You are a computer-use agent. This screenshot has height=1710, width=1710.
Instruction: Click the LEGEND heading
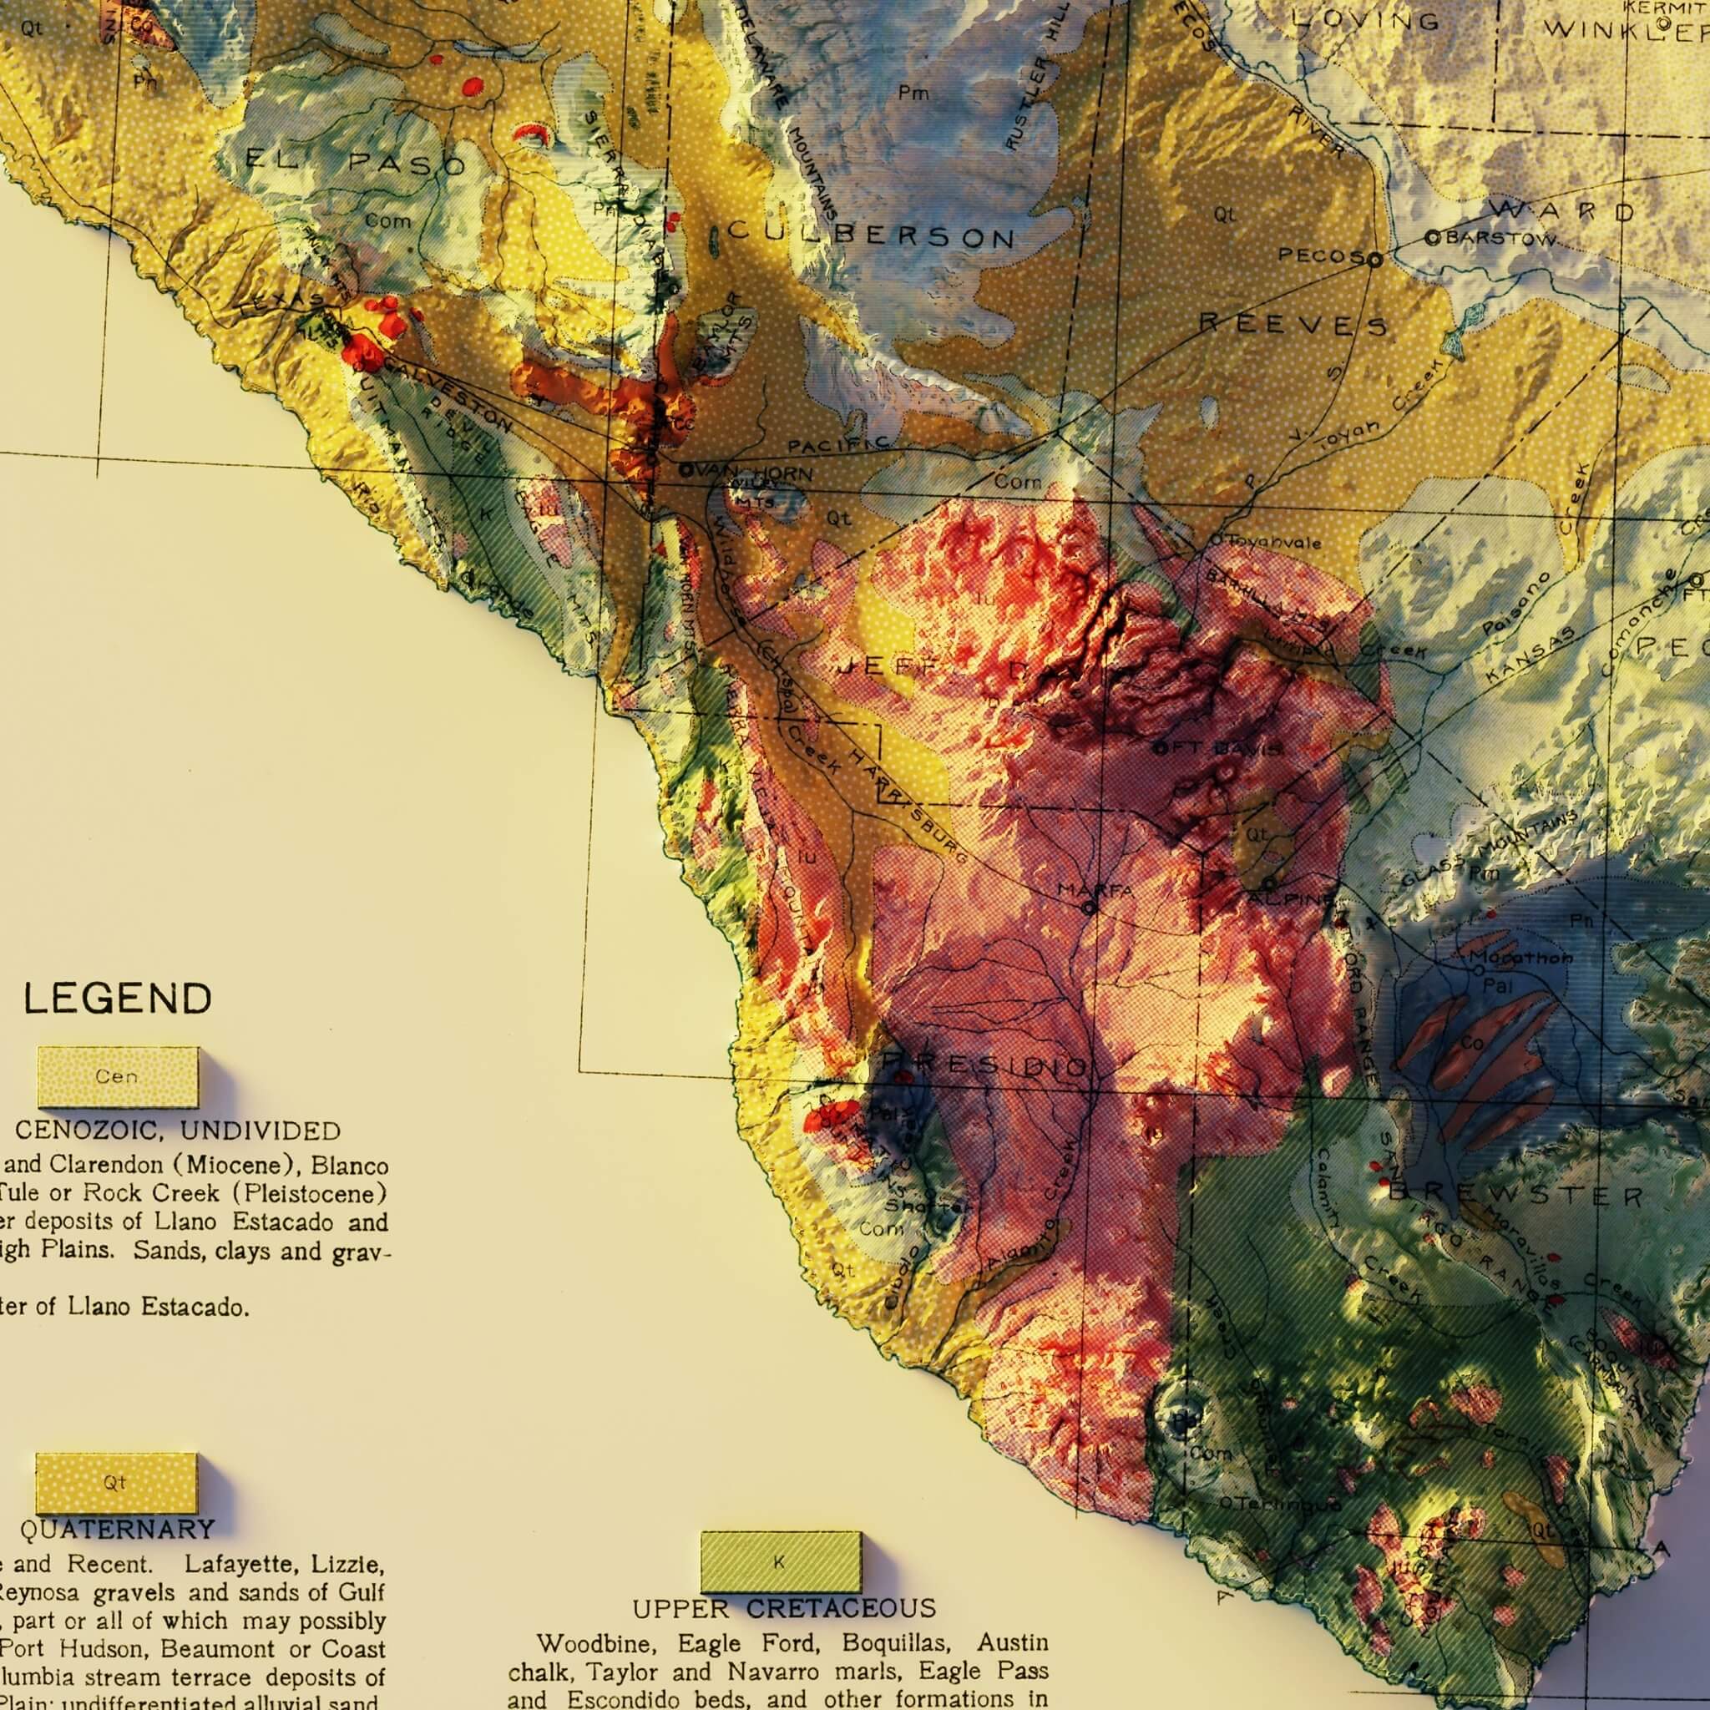pos(117,999)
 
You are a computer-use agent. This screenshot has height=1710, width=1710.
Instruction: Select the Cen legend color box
pos(118,1076)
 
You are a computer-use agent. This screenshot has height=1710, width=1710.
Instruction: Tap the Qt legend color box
pos(115,1483)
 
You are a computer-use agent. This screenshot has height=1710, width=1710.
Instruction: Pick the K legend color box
pos(780,1562)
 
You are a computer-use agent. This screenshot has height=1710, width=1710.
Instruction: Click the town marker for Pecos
pos(1374,260)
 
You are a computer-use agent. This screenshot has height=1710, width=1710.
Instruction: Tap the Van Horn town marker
pos(685,472)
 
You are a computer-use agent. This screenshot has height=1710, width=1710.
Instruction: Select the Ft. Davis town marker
pos(1161,748)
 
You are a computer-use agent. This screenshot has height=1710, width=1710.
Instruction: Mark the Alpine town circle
pos(1269,883)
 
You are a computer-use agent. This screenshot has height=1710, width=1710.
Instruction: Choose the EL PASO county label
pos(355,162)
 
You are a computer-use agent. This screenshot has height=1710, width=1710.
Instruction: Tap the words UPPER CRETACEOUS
pos(783,1607)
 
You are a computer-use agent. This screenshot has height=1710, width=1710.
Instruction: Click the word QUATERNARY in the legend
pos(117,1529)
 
